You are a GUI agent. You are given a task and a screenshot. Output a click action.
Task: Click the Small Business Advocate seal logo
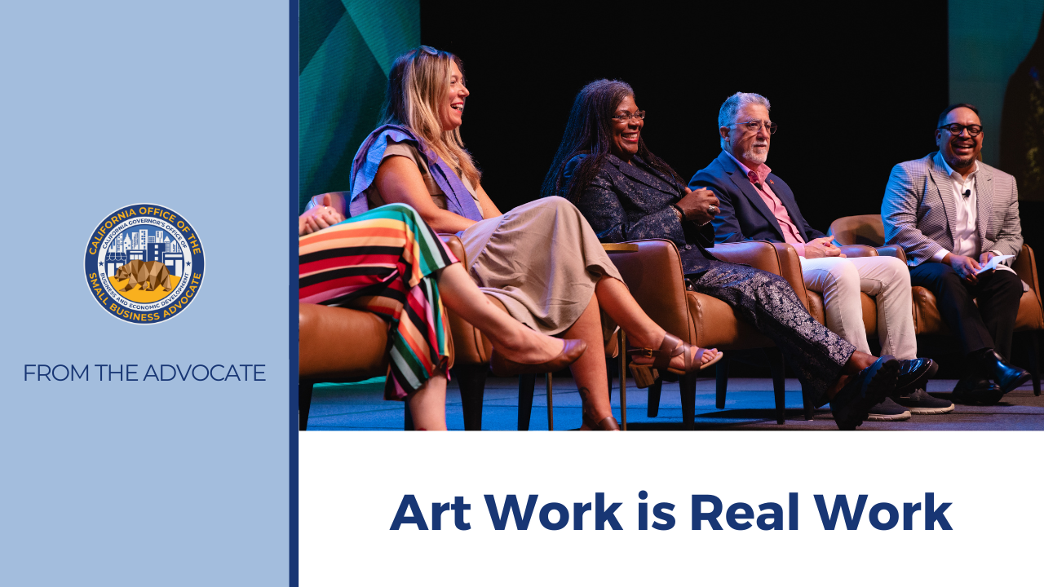point(144,263)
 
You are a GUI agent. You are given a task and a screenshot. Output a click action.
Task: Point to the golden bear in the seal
point(144,276)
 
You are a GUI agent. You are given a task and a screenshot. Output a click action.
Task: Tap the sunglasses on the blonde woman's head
point(425,51)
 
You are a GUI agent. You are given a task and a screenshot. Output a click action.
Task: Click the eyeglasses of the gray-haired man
point(755,127)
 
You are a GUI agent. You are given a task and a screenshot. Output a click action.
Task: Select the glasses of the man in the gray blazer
point(961,130)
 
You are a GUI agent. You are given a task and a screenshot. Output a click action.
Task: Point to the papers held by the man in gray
point(998,263)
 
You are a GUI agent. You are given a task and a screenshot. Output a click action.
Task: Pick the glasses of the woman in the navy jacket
point(628,117)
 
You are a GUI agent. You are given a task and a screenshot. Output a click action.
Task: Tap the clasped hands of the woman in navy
point(698,204)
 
